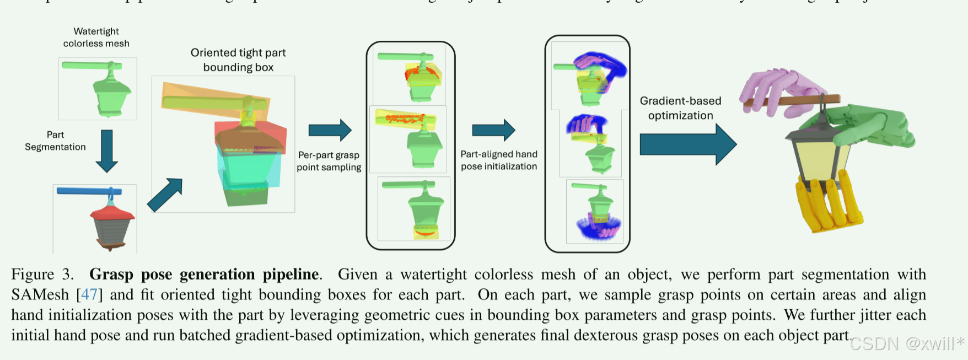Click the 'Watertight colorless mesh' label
pyautogui.click(x=96, y=37)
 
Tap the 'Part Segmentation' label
pyautogui.click(x=55, y=141)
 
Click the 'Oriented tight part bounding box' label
pyautogui.click(x=238, y=60)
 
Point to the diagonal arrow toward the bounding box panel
pyautogui.click(x=165, y=195)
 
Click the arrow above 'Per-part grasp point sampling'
pyautogui.click(x=330, y=130)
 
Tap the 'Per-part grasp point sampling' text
pyautogui.click(x=329, y=161)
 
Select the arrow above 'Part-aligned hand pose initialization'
pyautogui.click(x=493, y=130)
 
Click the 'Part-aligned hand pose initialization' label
pyautogui.click(x=499, y=160)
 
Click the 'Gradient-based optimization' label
pyautogui.click(x=681, y=108)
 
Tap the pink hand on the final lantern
pyautogui.click(x=777, y=88)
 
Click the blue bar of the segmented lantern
pyautogui.click(x=88, y=191)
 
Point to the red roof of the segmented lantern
pyautogui.click(x=112, y=213)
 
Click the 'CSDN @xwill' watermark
pyautogui.click(x=907, y=344)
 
